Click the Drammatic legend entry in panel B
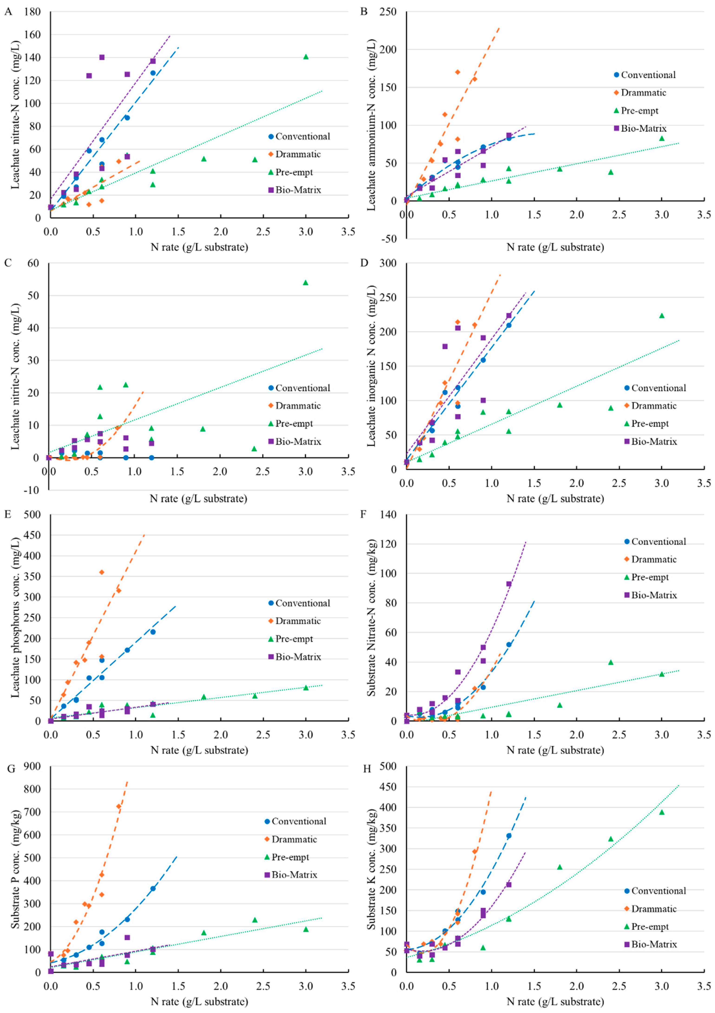coord(643,93)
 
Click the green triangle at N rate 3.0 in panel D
coord(662,315)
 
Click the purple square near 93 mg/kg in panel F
coord(509,584)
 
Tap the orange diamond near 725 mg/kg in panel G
coord(118,806)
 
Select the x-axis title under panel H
coord(555,1002)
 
